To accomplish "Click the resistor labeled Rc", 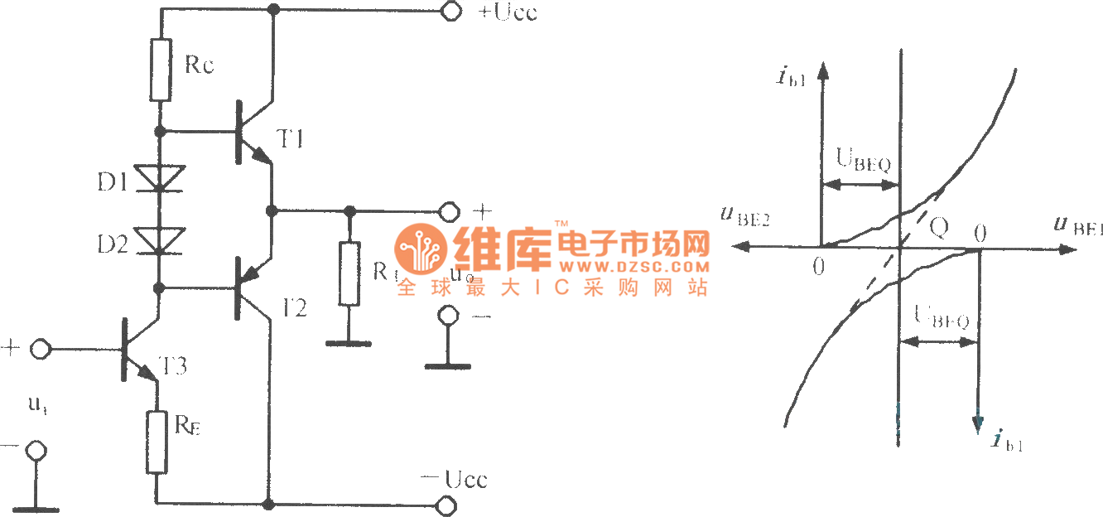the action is (x=161, y=70).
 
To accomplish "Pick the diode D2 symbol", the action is (x=160, y=239).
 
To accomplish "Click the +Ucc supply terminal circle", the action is (x=451, y=11).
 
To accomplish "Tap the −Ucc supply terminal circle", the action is (x=448, y=504).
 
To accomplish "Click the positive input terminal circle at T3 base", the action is (x=39, y=349).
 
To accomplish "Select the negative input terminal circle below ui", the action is (x=35, y=451).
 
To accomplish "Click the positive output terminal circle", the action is (x=449, y=211).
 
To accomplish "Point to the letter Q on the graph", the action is (x=938, y=227).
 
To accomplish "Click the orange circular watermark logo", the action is (x=419, y=247).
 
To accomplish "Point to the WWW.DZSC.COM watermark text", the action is (x=633, y=268).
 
